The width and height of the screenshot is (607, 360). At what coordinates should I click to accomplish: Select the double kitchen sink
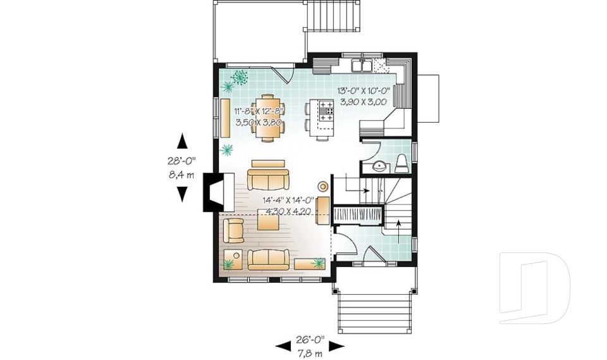point(362,65)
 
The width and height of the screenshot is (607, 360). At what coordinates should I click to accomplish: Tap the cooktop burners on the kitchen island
point(327,112)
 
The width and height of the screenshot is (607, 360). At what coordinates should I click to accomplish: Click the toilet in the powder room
point(402,164)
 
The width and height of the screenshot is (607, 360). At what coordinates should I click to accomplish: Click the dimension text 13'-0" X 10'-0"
point(363,90)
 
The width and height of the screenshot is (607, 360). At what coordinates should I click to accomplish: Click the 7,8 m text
point(310,351)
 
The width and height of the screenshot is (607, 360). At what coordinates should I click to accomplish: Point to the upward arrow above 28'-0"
point(182,141)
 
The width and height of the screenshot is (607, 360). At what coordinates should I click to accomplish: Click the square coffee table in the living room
point(268,221)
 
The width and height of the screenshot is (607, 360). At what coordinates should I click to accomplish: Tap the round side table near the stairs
point(322,186)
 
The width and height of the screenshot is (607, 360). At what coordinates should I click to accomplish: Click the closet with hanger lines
point(358,214)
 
